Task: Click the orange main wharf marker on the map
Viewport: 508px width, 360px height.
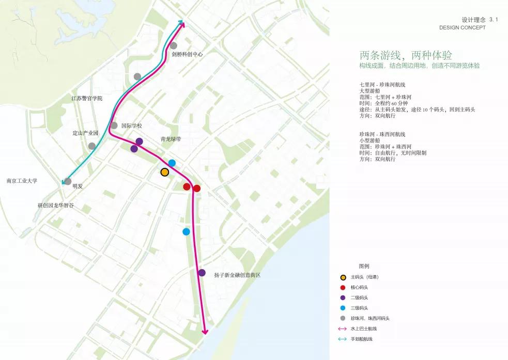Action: click(165, 172)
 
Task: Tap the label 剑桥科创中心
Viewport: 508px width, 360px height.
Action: click(187, 54)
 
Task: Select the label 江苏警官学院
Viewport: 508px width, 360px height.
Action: click(87, 98)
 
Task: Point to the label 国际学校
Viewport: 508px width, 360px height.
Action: click(131, 126)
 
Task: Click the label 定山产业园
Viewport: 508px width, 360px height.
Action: click(85, 133)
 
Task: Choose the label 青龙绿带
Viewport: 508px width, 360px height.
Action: click(171, 139)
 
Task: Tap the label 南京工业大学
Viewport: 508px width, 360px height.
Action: click(22, 181)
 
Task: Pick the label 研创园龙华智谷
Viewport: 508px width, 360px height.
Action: click(56, 205)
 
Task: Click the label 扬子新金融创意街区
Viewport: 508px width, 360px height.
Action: click(237, 275)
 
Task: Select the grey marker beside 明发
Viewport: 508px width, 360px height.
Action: click(67, 181)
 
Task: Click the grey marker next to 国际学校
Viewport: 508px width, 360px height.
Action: click(114, 126)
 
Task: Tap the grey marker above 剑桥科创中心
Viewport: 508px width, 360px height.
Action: click(174, 45)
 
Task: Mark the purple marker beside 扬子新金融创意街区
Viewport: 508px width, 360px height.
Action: click(202, 273)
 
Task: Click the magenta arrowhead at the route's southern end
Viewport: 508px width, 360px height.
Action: click(205, 331)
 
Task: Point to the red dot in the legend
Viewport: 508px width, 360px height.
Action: click(342, 287)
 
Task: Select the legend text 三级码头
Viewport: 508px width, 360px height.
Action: click(359, 308)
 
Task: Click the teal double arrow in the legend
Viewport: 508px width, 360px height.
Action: click(342, 339)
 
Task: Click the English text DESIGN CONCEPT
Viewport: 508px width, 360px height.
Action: click(463, 27)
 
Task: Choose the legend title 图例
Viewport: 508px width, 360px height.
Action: click(364, 266)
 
